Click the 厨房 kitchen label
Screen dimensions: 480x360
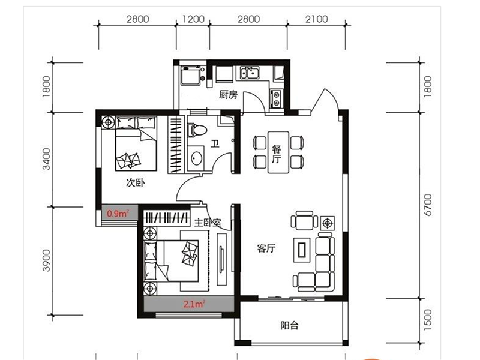coord(228,95)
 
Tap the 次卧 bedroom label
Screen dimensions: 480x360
coord(136,183)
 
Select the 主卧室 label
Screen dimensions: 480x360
coord(208,223)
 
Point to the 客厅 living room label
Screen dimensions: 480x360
coord(266,248)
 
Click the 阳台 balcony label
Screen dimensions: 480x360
coord(289,325)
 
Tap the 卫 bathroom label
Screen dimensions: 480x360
coord(215,143)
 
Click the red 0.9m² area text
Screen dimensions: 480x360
coord(118,213)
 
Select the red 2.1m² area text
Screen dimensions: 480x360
coord(194,304)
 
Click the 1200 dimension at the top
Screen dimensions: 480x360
coord(193,19)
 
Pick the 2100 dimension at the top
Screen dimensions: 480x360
coord(317,19)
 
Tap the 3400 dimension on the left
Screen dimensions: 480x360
coord(46,159)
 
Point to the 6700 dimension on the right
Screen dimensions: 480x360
coord(428,205)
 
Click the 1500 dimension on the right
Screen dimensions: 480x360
coord(428,320)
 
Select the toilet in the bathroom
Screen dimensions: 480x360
coord(197,130)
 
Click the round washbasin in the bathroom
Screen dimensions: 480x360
coord(196,158)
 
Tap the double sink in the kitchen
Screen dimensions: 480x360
coord(249,73)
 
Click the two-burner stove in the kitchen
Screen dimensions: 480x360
coord(276,98)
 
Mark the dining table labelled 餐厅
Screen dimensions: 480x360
coord(278,152)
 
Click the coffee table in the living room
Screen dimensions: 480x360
coord(302,250)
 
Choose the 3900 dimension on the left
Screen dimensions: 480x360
coord(46,261)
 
